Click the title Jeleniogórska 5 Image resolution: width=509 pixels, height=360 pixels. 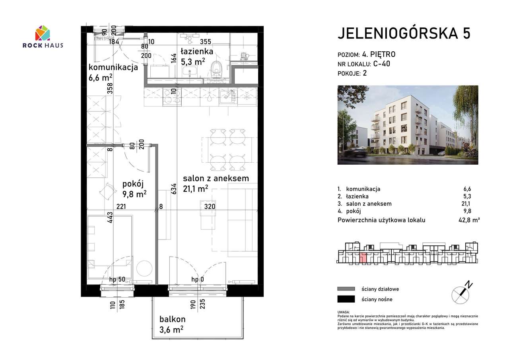coord(404,34)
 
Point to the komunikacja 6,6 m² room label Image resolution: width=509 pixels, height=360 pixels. coord(113,72)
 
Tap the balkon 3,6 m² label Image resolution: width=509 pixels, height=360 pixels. coord(172,324)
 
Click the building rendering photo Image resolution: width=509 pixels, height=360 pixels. coord(408,125)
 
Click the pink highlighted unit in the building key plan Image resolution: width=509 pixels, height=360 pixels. coord(363,258)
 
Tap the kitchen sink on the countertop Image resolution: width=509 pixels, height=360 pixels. coord(227,95)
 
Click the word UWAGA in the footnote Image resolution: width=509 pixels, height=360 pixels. coord(344,313)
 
